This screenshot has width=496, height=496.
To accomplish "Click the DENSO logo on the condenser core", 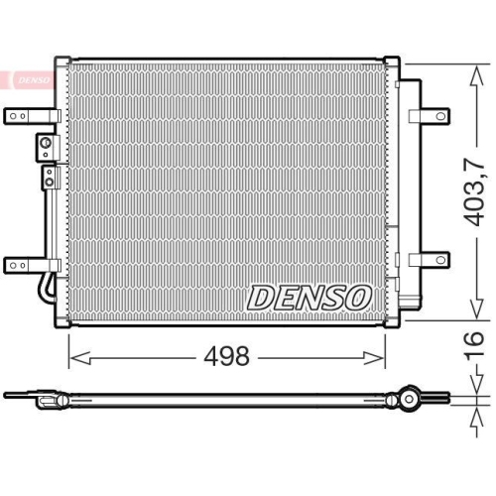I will (x=309, y=296).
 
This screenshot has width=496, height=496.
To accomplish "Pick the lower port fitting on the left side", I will (x=47, y=179).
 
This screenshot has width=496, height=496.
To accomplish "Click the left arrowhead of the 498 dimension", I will (x=72, y=354).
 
